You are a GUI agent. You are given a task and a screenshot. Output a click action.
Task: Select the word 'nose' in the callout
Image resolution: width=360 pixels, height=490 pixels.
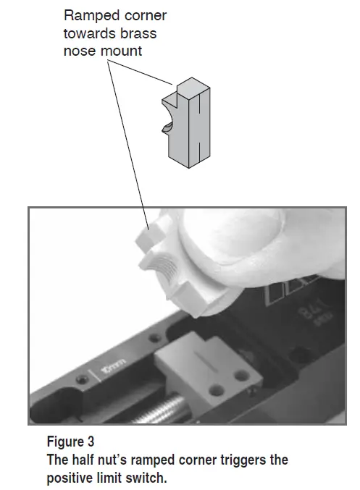(78, 51)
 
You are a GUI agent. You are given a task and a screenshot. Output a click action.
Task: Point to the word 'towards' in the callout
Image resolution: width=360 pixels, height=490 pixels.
(88, 33)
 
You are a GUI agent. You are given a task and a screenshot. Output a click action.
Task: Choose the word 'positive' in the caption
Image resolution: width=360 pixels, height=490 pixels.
(70, 477)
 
